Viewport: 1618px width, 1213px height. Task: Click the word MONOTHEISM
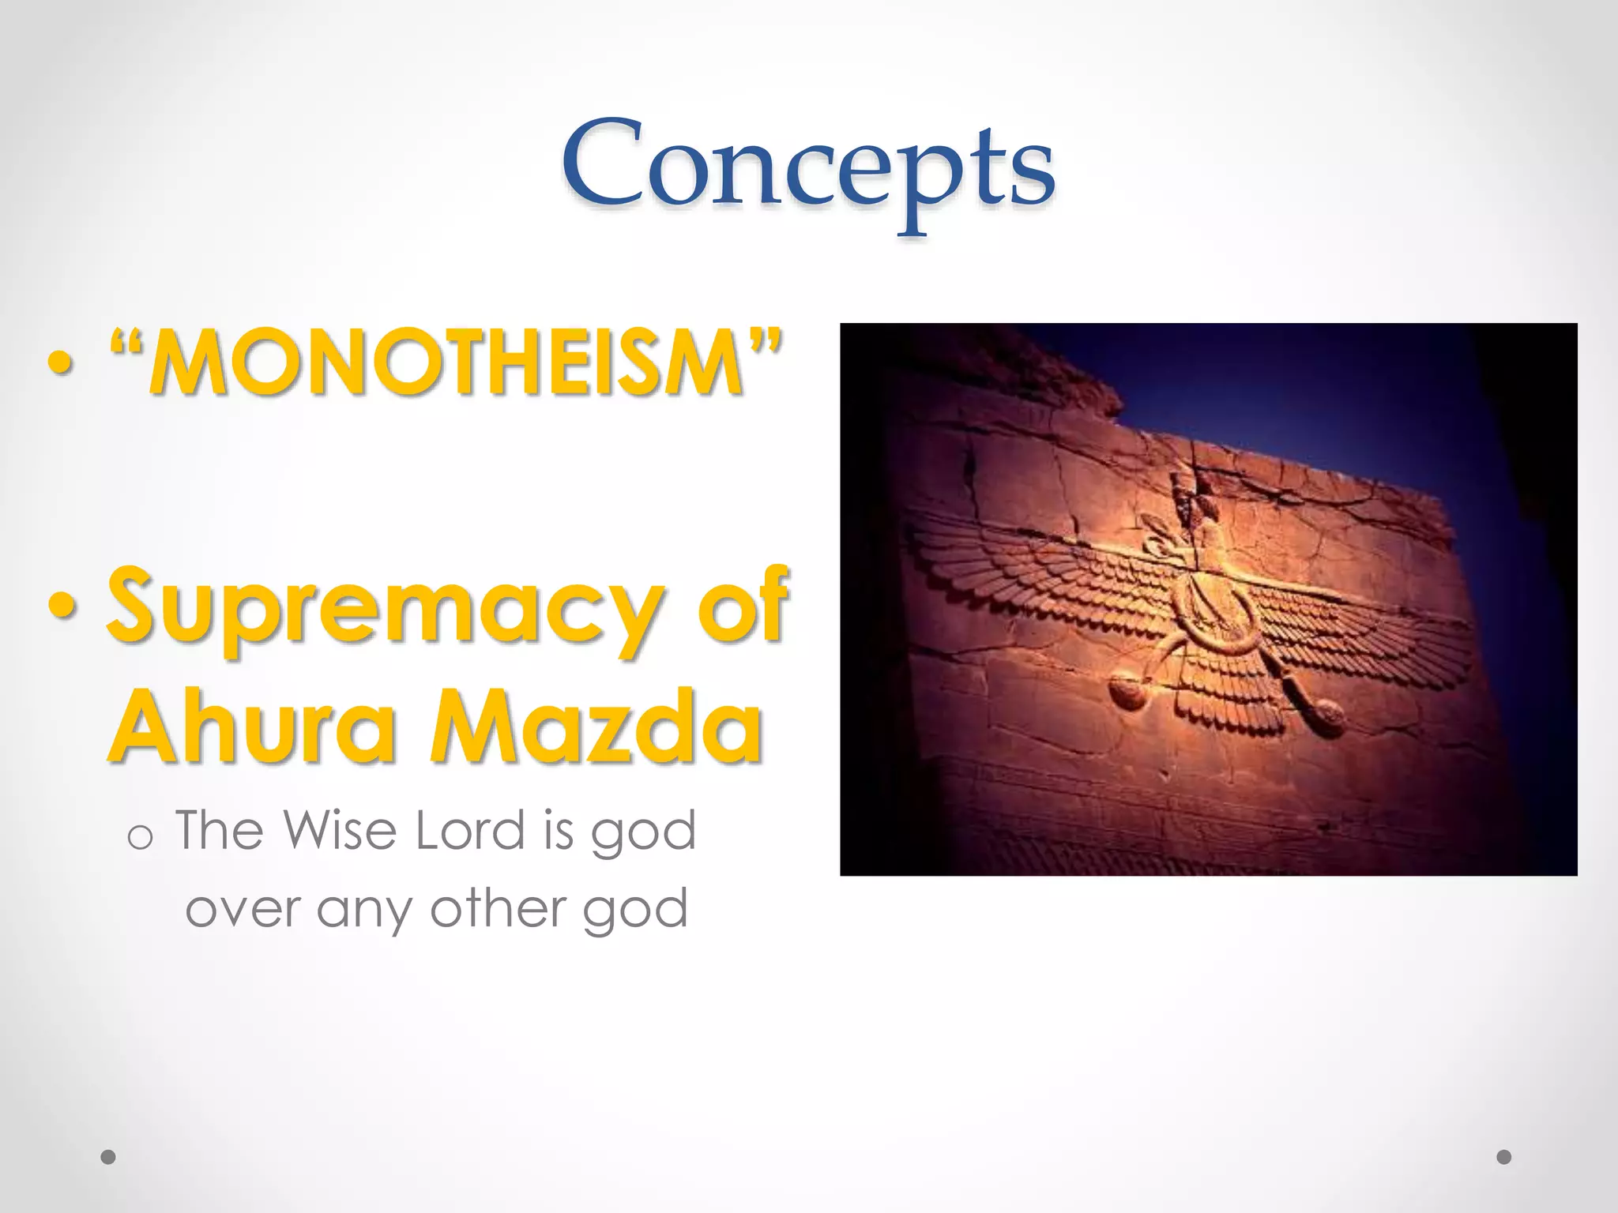(446, 362)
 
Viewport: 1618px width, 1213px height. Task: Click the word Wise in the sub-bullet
(340, 831)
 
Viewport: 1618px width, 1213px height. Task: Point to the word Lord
(470, 831)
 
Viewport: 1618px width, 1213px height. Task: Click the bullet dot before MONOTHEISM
(61, 364)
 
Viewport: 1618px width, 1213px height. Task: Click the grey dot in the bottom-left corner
(109, 1157)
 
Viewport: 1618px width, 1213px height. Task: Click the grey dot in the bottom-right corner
(1504, 1157)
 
